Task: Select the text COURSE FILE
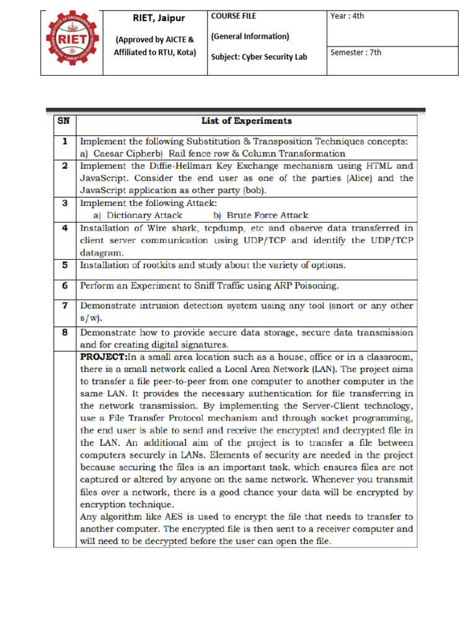[234, 16]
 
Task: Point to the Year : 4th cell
[348, 16]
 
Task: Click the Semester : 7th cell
[356, 52]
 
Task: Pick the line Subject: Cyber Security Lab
[259, 57]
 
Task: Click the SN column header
[64, 121]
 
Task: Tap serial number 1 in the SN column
[64, 141]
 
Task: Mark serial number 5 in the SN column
[64, 265]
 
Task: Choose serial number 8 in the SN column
[64, 332]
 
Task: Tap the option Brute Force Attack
[267, 215]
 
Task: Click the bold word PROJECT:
[104, 357]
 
